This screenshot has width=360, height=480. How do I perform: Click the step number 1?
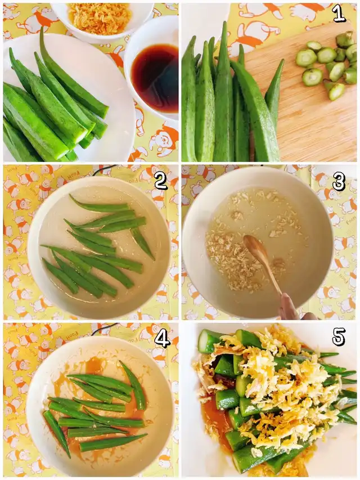[339, 14]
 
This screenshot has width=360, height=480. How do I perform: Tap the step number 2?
[161, 182]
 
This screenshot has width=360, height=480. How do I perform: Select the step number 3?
[339, 181]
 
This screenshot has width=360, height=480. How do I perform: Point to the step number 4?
[161, 339]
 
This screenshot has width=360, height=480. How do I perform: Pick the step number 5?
[339, 337]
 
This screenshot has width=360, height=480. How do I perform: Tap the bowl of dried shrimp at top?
[101, 19]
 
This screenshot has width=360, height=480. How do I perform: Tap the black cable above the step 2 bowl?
[104, 170]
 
